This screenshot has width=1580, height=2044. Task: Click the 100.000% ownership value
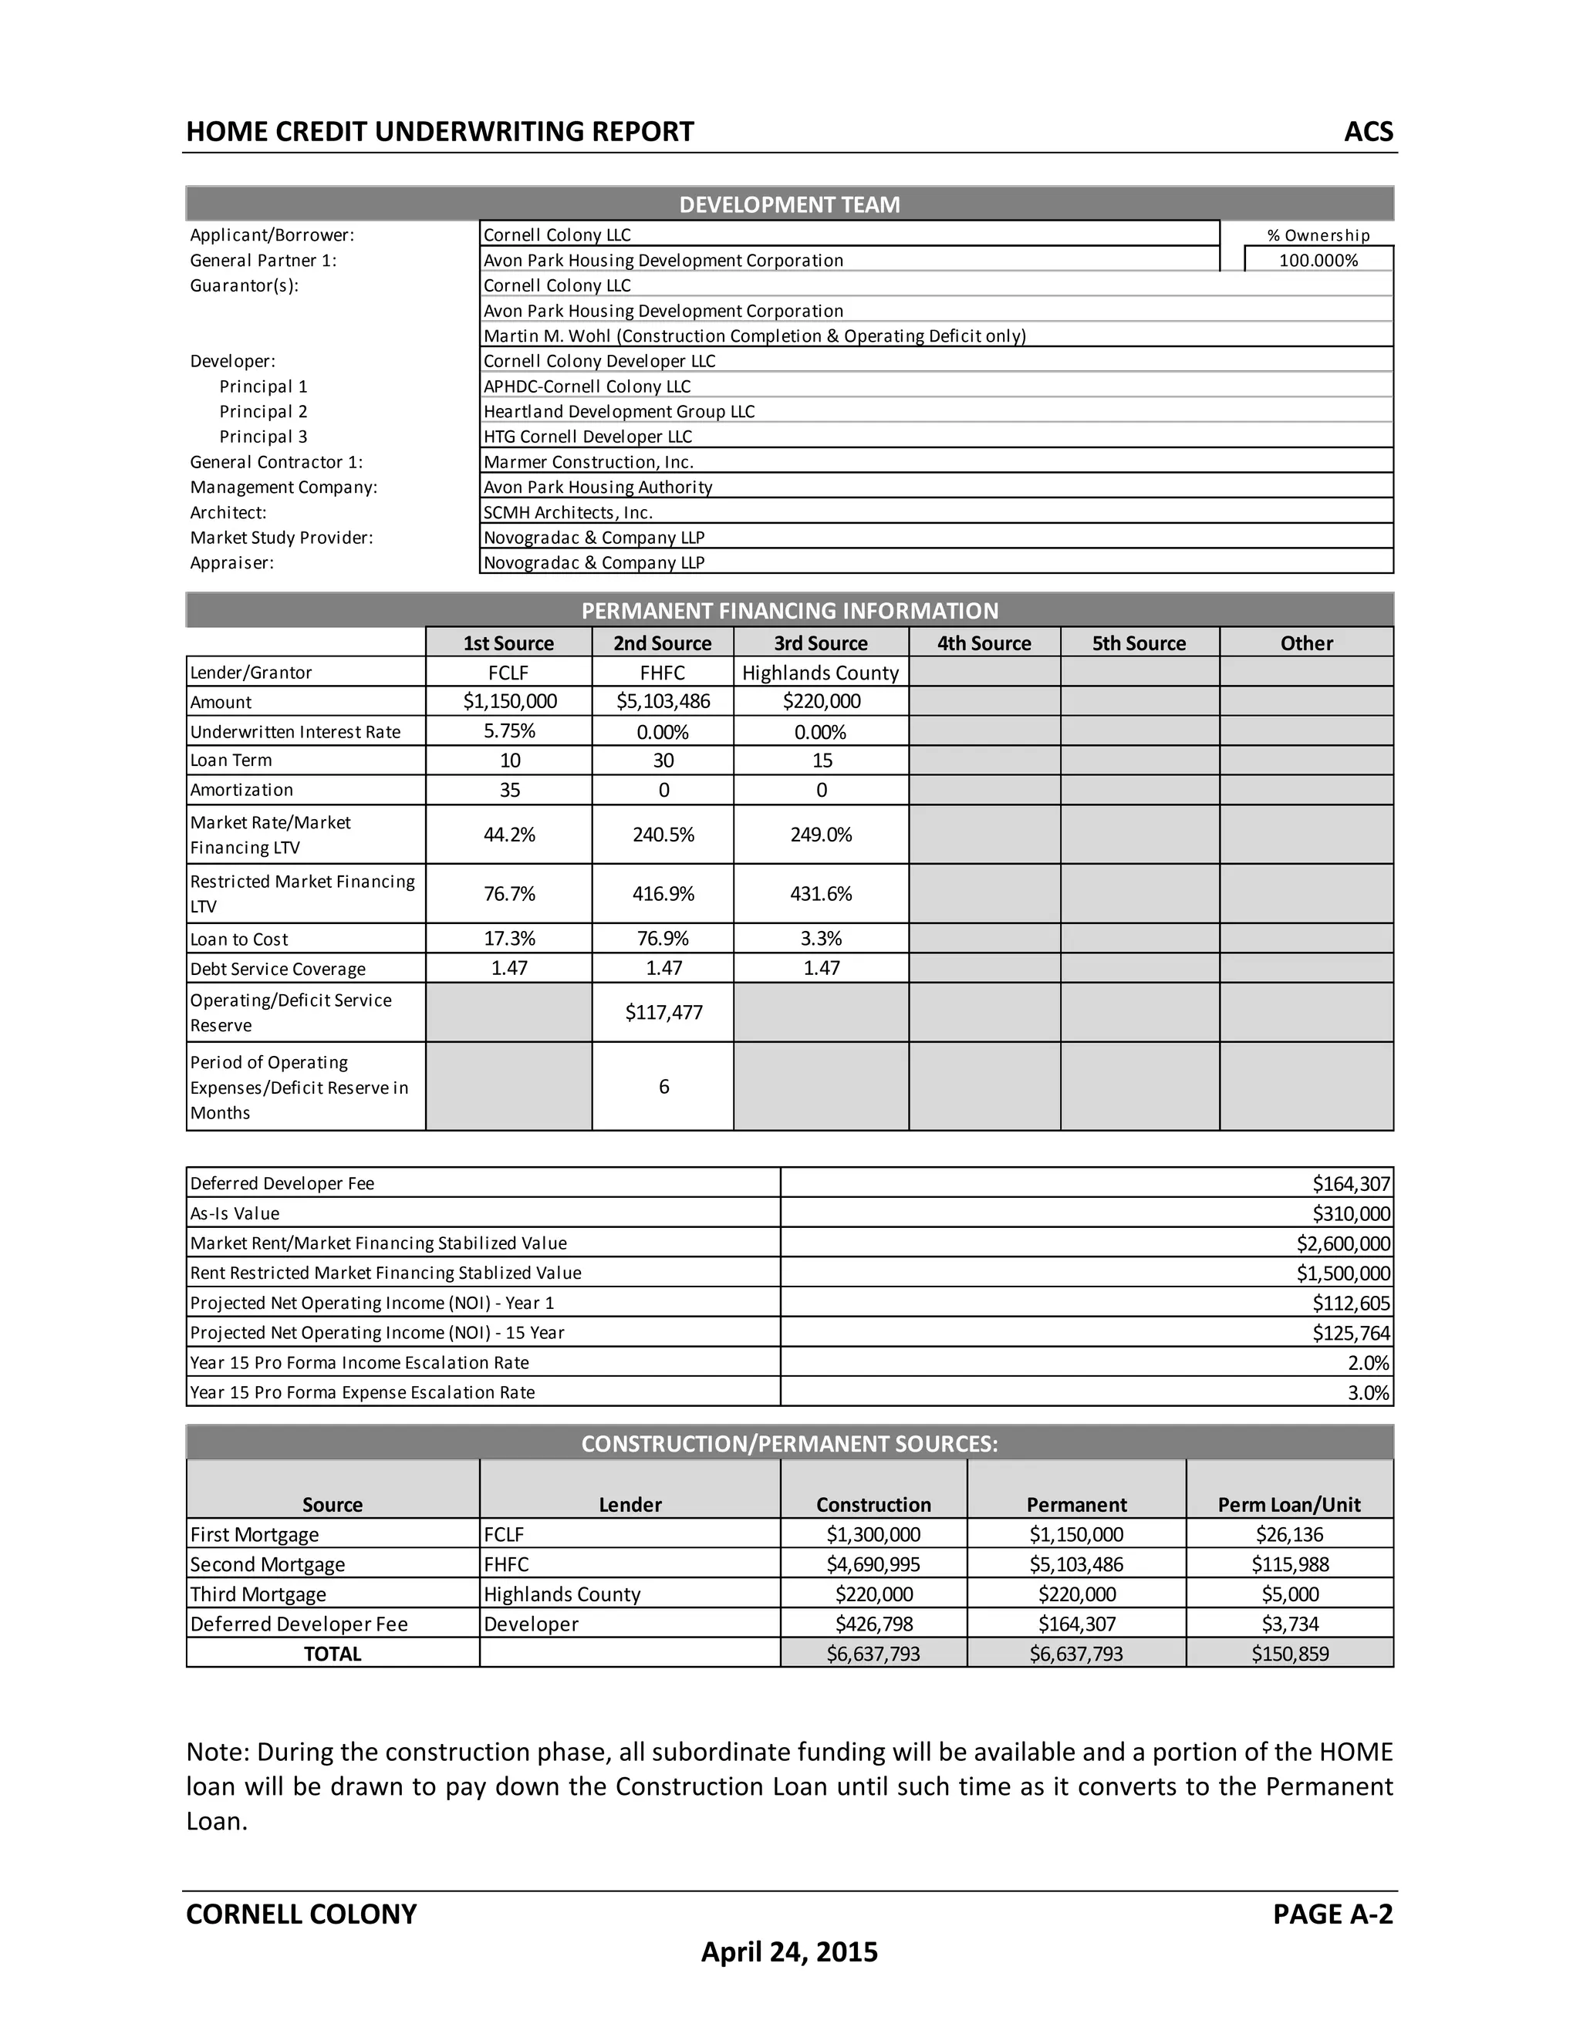click(x=1318, y=260)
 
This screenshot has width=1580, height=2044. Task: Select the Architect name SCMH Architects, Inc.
click(x=567, y=512)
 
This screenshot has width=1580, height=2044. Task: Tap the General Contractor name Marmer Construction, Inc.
click(x=588, y=461)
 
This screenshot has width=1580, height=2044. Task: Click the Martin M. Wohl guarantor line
click(x=754, y=335)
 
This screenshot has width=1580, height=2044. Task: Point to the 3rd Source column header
click(x=820, y=643)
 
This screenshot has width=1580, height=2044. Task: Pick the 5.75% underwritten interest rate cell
click(x=509, y=731)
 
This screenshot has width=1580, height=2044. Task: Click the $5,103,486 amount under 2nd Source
click(x=663, y=701)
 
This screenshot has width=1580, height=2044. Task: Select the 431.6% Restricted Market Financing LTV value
click(x=821, y=894)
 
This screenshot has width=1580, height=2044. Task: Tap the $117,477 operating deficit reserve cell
click(x=663, y=1012)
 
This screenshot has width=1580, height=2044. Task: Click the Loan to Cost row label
click(x=240, y=939)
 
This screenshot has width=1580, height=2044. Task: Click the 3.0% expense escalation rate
click(x=1368, y=1391)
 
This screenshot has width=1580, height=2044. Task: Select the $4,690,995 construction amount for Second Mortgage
click(x=873, y=1564)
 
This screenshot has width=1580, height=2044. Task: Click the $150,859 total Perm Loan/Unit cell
click(x=1289, y=1653)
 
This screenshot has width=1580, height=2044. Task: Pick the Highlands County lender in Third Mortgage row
click(x=562, y=1594)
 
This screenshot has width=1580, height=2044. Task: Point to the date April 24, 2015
click(x=789, y=1951)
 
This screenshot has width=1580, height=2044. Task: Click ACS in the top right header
click(x=1368, y=131)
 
